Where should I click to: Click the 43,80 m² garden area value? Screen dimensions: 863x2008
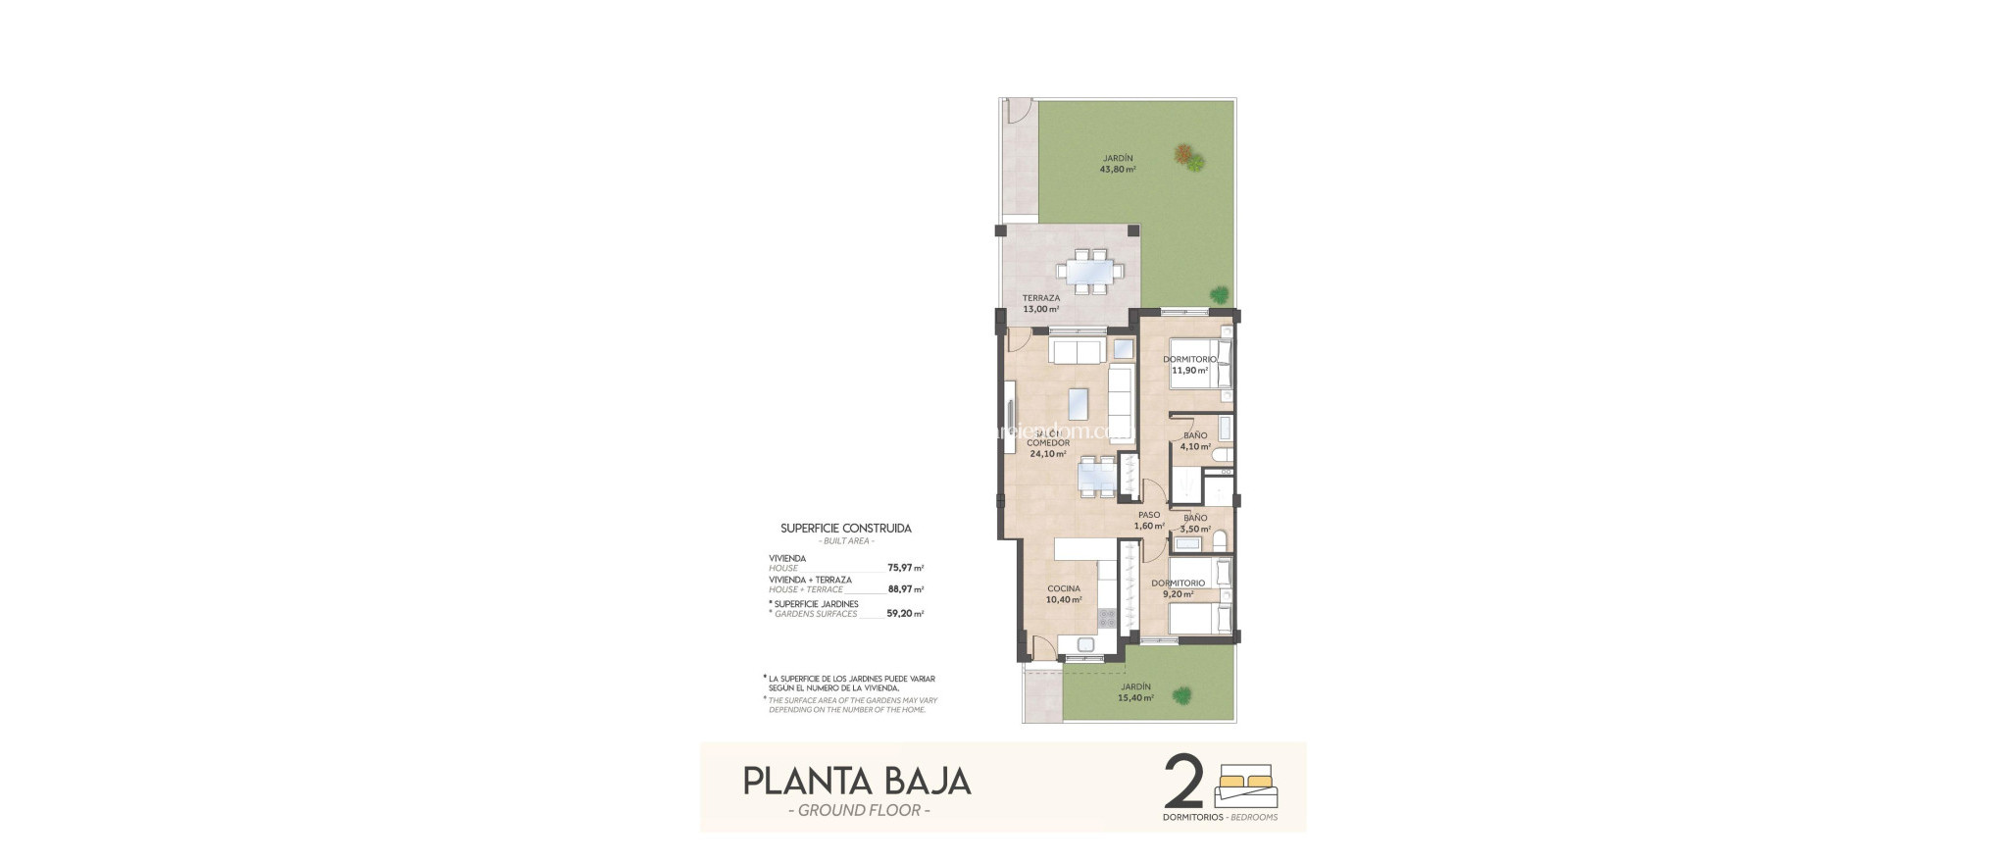[x=1118, y=169]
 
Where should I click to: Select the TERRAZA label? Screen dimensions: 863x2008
[x=1040, y=298]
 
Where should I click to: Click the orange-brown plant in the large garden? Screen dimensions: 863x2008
[x=1184, y=153]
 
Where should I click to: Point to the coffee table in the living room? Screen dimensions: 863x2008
[x=1078, y=402]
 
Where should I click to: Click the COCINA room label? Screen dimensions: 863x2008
[x=1063, y=589]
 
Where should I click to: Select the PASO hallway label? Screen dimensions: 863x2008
[x=1149, y=515]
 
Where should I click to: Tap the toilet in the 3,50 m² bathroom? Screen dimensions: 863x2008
[x=1220, y=540]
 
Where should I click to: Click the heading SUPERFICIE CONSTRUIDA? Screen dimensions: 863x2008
[x=845, y=528]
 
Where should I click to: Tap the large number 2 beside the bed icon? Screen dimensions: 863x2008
[x=1183, y=782]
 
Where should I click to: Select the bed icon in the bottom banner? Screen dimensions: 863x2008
[x=1246, y=786]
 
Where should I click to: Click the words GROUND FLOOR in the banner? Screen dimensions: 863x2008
[x=859, y=810]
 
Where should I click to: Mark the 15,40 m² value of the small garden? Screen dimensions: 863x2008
[x=1135, y=698]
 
